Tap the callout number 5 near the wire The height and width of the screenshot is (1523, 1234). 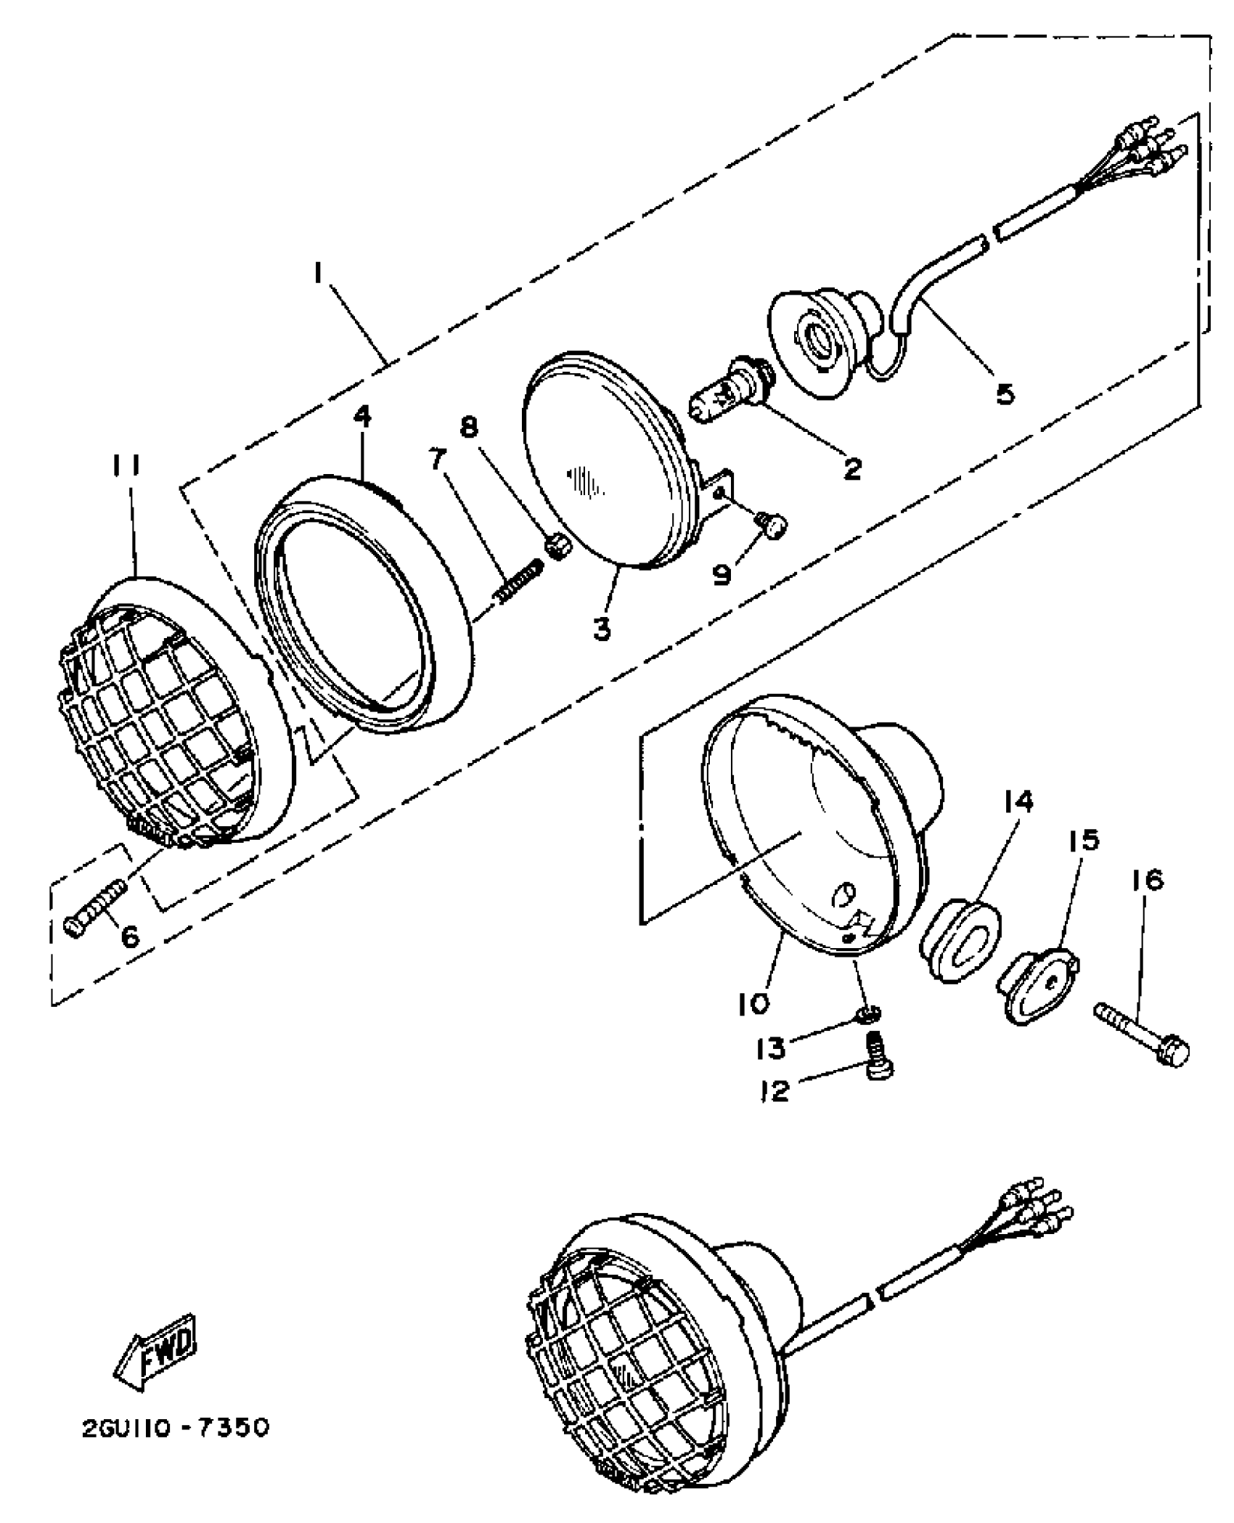pyautogui.click(x=1005, y=394)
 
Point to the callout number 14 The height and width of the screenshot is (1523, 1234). pyautogui.click(x=1018, y=803)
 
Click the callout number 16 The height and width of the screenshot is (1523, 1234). pyautogui.click(x=1146, y=880)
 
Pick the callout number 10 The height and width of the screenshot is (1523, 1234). pyautogui.click(x=753, y=1004)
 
